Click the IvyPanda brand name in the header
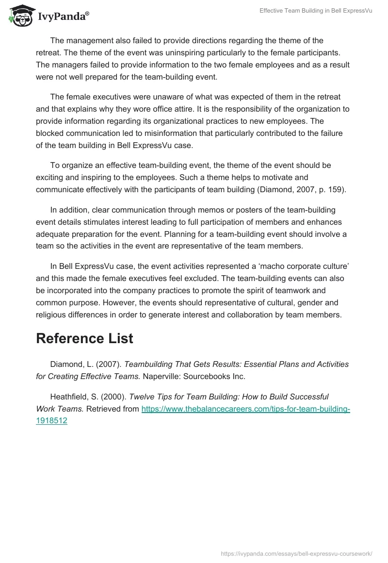[63, 17]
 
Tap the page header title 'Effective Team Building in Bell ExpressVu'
[309, 10]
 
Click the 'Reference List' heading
[84, 338]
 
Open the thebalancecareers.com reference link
[245, 409]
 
